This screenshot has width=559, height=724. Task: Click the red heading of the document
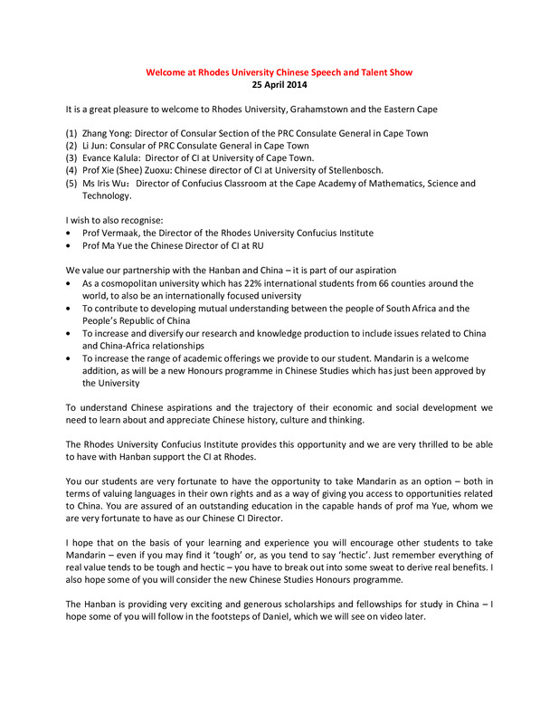279,71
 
